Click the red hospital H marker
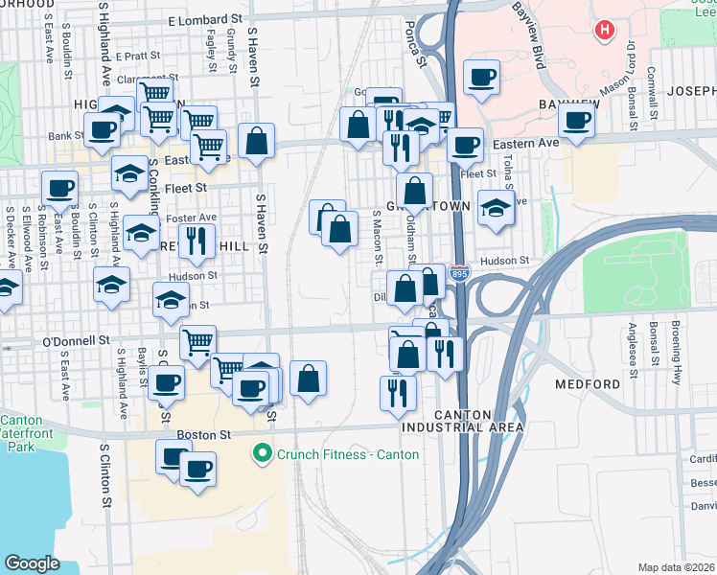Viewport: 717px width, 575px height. (x=604, y=31)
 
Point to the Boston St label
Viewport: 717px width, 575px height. (x=214, y=434)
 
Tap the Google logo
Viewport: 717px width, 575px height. (x=33, y=563)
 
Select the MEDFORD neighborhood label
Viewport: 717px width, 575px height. (x=587, y=384)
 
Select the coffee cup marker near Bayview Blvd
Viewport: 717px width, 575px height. (x=481, y=77)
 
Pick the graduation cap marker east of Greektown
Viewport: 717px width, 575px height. (x=495, y=208)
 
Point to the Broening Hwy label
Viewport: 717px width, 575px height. (x=678, y=356)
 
